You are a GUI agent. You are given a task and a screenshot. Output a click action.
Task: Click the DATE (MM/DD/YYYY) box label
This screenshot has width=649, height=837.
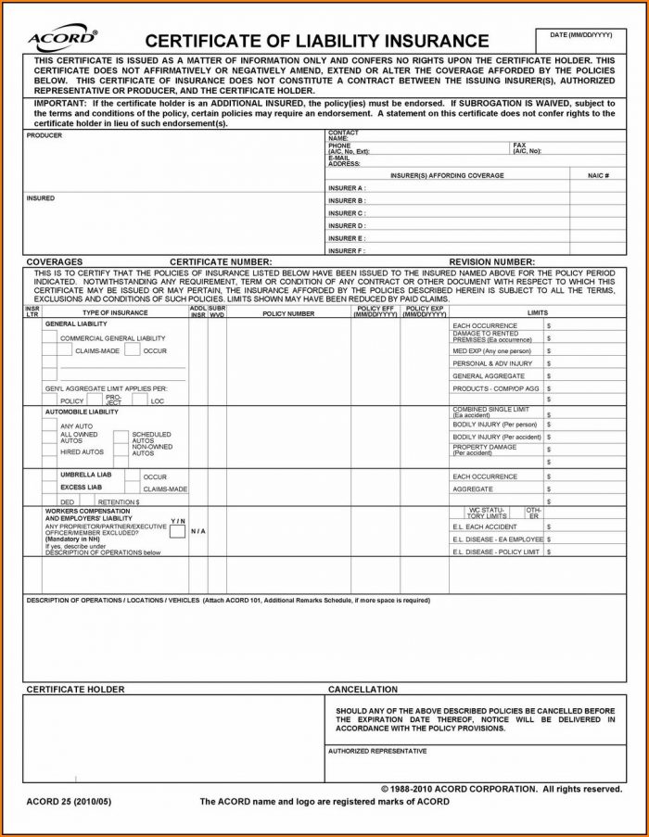tap(581, 34)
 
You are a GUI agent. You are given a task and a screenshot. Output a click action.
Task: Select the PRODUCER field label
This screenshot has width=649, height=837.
tap(45, 135)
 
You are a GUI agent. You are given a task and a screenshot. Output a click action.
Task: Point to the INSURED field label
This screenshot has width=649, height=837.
tap(41, 198)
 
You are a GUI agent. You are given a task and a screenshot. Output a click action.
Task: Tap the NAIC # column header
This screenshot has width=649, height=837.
tap(598, 175)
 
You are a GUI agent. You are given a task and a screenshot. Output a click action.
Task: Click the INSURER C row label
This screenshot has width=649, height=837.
tap(347, 213)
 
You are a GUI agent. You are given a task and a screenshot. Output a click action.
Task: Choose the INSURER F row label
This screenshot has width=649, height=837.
tap(347, 251)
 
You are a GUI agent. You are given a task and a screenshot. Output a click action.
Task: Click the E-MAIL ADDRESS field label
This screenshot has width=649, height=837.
tap(344, 160)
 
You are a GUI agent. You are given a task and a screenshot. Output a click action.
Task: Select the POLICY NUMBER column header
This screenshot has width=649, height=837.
tap(288, 313)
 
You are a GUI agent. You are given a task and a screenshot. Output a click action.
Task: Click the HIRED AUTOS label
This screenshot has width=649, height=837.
tap(82, 452)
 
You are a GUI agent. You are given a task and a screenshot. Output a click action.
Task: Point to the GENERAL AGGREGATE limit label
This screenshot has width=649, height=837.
tap(488, 376)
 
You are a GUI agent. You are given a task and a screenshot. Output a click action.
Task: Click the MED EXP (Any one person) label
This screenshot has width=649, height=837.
tap(491, 351)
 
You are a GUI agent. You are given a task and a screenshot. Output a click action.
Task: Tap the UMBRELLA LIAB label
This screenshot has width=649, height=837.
tap(85, 475)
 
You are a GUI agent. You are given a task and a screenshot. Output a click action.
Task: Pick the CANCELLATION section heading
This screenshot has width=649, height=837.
tap(363, 690)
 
